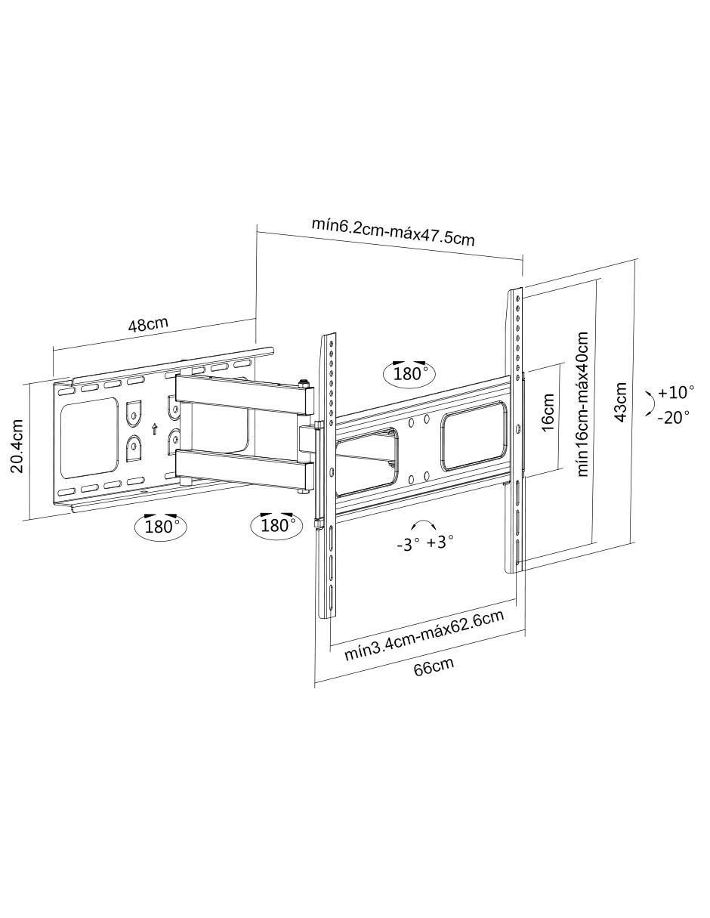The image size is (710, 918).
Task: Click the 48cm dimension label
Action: [148, 324]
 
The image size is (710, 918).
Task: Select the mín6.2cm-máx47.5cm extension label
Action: [393, 232]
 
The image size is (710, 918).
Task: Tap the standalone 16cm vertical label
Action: [547, 412]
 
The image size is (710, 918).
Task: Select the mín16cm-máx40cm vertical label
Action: [582, 404]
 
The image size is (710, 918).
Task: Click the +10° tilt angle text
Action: [675, 392]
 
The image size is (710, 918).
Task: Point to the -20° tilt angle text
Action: [673, 417]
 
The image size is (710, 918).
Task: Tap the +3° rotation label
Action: [440, 541]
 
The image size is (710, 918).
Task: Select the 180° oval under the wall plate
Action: [160, 527]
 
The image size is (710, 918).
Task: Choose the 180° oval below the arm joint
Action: [276, 525]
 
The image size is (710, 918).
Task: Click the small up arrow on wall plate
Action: [155, 428]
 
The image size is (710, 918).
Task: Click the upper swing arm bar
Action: [245, 394]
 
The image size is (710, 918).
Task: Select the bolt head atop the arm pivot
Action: [303, 383]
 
